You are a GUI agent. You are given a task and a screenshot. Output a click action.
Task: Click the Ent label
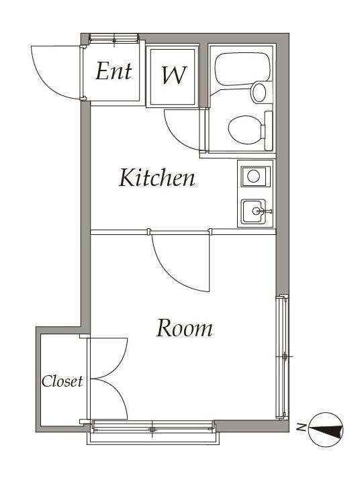coord(114,71)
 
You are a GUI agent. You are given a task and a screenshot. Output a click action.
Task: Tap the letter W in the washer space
coord(174,75)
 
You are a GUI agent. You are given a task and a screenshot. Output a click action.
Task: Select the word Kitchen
coord(157,177)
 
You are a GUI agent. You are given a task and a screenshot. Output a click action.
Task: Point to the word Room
coord(184,328)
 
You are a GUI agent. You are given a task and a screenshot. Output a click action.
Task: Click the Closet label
coord(62,381)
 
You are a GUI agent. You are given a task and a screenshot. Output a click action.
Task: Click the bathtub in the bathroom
coord(242,68)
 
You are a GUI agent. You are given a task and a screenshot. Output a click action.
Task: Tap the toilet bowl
coord(245,130)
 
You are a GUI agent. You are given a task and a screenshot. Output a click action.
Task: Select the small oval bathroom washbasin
coord(259,92)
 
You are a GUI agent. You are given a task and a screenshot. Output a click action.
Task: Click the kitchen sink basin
coord(253,211)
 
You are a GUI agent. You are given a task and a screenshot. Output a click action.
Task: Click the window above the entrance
coord(114,38)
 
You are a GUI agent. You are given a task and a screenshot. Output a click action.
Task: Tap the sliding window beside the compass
coord(282,357)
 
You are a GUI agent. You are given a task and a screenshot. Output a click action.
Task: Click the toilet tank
coord(268,131)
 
